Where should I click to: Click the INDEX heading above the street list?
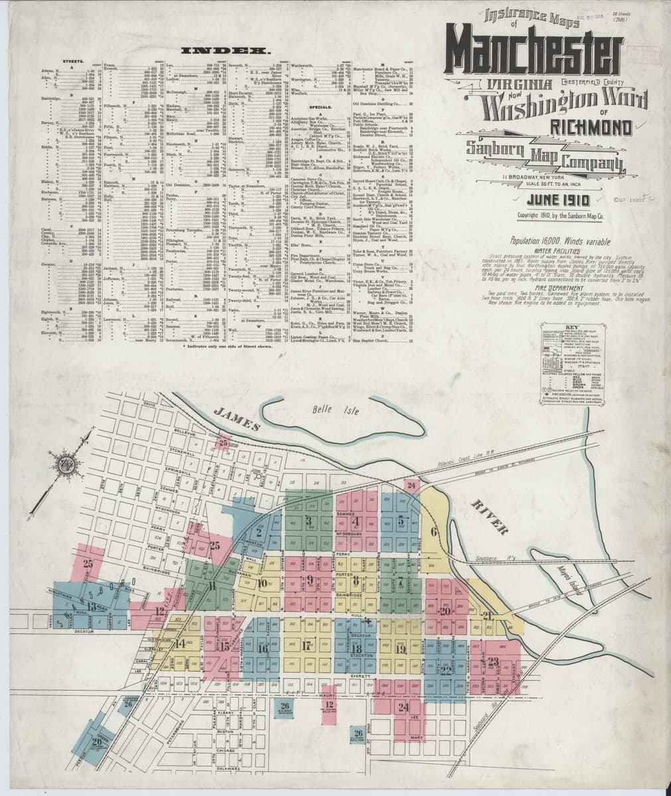tap(215, 50)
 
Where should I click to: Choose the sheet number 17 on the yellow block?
tap(307, 645)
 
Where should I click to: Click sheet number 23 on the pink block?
tap(492, 661)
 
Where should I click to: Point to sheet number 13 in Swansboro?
tap(91, 606)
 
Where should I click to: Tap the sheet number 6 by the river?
tap(435, 531)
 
